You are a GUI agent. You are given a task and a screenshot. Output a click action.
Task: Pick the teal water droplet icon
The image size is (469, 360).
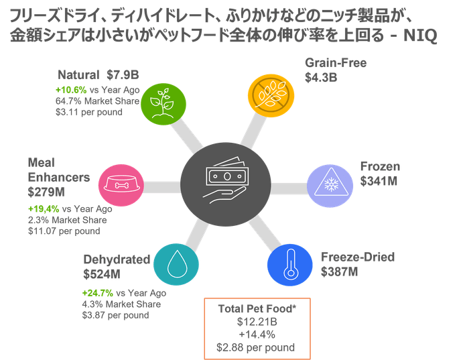tap(176, 263)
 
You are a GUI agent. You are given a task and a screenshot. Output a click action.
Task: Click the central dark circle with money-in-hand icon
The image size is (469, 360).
tap(225, 179)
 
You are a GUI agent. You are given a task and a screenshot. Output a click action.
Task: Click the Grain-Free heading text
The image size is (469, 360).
tap(336, 64)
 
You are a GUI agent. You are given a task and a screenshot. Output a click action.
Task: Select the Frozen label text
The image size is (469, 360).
tap(379, 166)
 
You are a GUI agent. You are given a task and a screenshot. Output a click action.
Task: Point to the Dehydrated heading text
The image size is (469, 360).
tap(111, 259)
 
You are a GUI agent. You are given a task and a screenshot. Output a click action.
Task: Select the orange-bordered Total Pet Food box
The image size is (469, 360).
tap(256, 328)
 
